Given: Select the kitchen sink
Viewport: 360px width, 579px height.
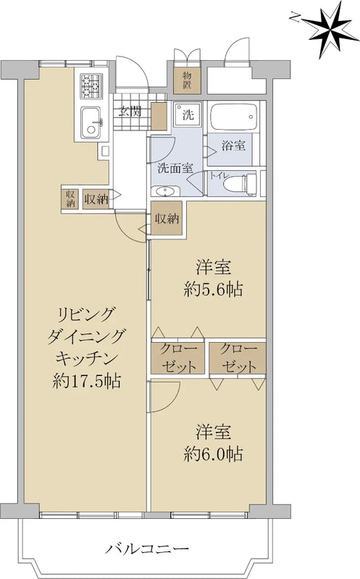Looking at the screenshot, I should tap(91, 121).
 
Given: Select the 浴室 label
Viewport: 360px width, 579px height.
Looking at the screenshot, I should tap(233, 144).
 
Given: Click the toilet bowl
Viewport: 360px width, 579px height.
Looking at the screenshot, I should tap(240, 183).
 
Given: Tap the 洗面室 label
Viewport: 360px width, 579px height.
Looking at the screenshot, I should tap(175, 167).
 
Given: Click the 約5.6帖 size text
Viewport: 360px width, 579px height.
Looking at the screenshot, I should tap(213, 289).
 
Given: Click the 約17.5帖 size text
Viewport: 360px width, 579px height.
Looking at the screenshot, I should tap(87, 380).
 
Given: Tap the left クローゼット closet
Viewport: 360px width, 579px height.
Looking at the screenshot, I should tap(177, 357).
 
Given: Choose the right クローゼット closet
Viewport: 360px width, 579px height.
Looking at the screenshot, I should tap(238, 357).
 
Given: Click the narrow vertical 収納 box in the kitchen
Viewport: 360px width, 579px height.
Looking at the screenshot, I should tap(70, 198).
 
